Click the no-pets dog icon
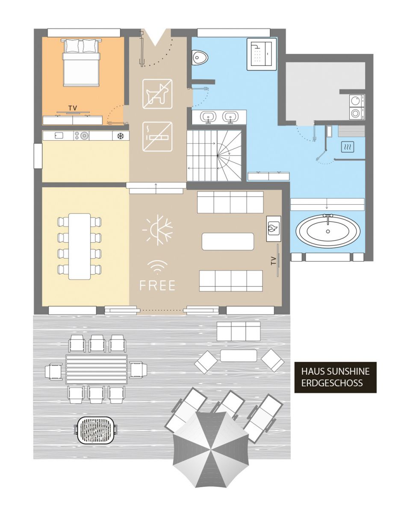click(157, 94)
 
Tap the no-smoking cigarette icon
click(157, 137)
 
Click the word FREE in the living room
click(157, 285)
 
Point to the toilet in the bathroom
click(200, 57)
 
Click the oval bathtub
click(328, 230)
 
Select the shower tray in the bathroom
click(262, 54)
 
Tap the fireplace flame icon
click(274, 228)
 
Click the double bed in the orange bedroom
click(81, 62)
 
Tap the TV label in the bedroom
click(73, 108)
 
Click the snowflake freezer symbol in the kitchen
click(121, 136)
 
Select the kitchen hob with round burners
click(81, 136)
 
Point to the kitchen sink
click(59, 136)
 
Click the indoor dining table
click(80, 247)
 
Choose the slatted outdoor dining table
click(96, 369)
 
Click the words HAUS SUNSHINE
click(335, 371)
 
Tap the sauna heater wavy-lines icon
click(347, 147)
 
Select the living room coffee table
click(227, 242)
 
